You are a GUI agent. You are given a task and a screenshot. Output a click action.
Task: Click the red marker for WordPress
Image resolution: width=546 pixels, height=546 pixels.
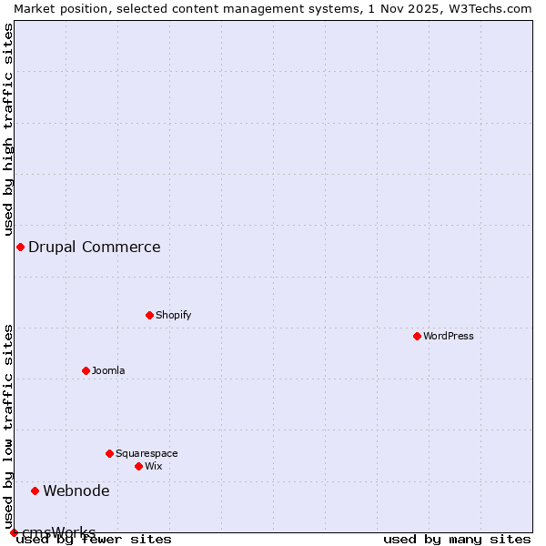pos(418,336)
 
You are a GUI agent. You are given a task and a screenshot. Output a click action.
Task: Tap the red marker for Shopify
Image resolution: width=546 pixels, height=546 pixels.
pos(150,315)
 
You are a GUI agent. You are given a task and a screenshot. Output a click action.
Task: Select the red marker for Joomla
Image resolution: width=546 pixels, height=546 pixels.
pos(86,370)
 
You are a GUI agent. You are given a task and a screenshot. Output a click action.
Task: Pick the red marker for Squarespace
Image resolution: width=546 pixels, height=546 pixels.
pos(110,453)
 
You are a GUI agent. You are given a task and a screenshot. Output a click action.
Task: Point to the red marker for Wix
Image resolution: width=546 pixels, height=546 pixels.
pos(139,466)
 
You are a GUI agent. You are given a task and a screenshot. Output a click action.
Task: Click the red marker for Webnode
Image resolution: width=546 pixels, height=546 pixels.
pos(35,490)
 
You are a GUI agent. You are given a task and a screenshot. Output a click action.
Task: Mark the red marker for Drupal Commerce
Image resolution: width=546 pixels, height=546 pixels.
pos(20,247)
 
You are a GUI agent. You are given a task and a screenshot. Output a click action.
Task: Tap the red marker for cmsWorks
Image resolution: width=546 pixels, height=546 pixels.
pos(14,532)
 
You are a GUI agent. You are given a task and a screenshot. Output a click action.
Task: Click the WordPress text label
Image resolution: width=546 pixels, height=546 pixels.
pos(449,336)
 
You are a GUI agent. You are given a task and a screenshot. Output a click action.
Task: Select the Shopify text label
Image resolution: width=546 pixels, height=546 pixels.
pos(174,315)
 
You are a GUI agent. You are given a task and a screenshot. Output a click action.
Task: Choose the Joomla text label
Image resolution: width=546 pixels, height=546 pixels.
pos(108,370)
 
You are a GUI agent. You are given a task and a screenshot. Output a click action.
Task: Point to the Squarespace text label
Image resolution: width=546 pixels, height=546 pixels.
pos(147,453)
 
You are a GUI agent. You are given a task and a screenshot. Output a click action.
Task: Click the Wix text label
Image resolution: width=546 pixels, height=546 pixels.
pos(154,466)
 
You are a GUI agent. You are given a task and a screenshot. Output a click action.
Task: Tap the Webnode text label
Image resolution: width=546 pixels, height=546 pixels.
pos(76,490)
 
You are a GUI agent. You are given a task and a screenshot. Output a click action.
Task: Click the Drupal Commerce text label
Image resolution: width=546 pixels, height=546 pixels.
pos(95,247)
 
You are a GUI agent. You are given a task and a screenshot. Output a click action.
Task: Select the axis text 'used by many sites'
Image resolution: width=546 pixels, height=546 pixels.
pos(457,539)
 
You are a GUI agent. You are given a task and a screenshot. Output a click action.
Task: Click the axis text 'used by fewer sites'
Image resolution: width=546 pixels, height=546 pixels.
pos(95,539)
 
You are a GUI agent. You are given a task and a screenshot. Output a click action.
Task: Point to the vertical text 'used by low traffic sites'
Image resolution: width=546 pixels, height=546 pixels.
pos(8,426)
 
